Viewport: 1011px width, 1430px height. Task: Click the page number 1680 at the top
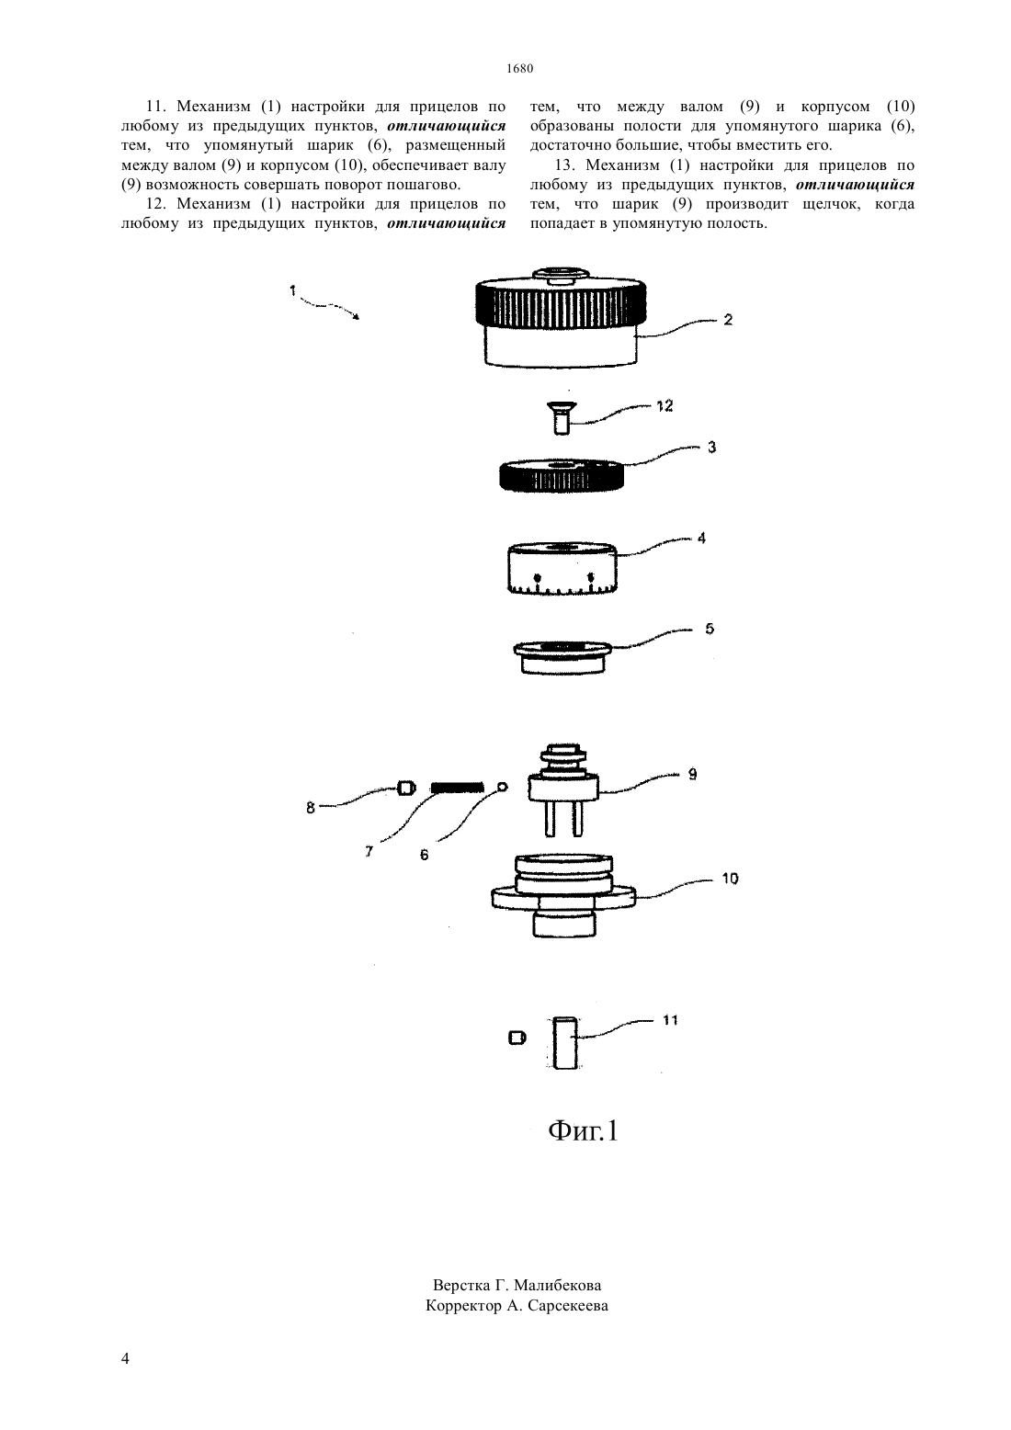pos(519,68)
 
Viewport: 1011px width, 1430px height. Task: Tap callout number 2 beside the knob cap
pos(728,319)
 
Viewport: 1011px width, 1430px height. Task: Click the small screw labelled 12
pos(562,418)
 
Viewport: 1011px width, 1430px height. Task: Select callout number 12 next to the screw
pos(665,406)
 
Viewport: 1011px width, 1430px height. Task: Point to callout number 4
pos(701,539)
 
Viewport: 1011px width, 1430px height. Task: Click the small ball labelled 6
pos(503,787)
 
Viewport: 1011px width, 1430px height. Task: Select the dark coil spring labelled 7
pos(457,788)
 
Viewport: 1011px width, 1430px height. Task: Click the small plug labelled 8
pos(406,789)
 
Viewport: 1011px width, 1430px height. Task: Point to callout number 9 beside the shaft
pos(692,775)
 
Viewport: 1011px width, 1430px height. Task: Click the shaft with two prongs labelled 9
pos(562,789)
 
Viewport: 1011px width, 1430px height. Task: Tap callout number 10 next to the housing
pos(730,880)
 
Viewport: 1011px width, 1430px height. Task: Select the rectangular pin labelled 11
pos(565,1042)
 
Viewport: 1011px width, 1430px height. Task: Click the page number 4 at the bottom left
pos(125,1358)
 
